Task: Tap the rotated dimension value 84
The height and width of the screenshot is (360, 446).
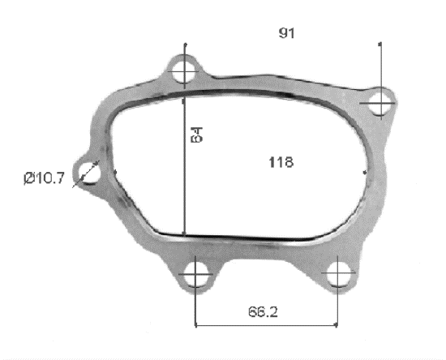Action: [196, 135]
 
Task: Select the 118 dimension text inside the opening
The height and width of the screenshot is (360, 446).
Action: [280, 161]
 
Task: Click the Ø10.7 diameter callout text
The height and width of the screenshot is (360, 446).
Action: [44, 178]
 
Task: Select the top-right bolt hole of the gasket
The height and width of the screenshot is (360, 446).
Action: [380, 103]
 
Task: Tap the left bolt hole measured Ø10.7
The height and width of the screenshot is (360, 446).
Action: [88, 172]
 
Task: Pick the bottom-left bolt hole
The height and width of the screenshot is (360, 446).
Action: [195, 276]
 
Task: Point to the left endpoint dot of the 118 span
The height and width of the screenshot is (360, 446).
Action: [116, 172]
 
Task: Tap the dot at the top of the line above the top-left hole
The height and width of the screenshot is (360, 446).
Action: [186, 44]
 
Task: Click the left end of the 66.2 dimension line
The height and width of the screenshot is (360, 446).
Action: [197, 327]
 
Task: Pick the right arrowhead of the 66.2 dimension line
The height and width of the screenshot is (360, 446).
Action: [337, 327]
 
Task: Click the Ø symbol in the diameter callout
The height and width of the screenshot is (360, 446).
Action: [28, 178]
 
